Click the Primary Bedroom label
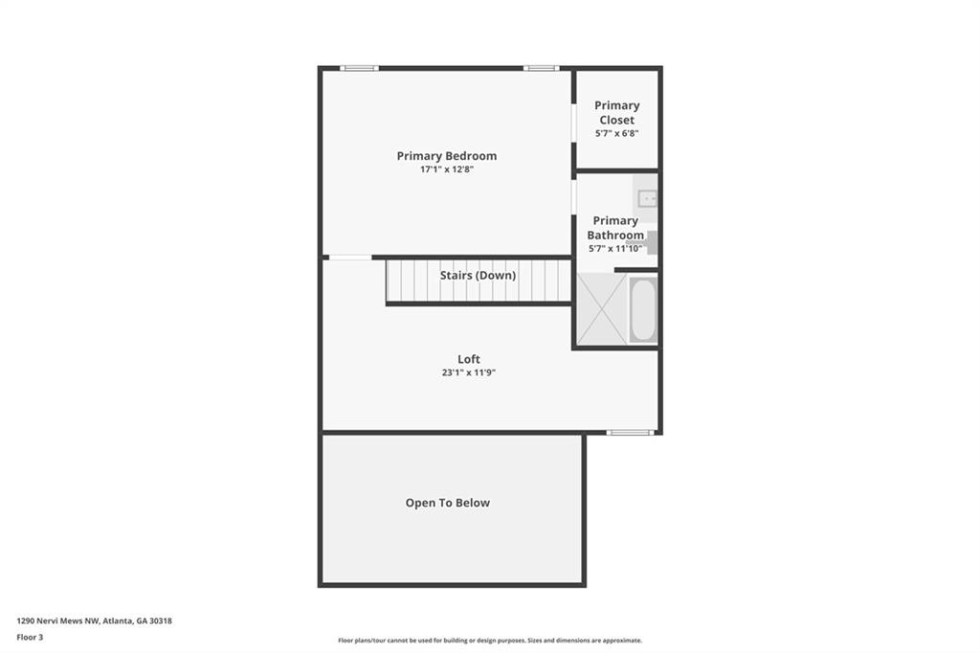[447, 156]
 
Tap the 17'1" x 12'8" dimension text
[447, 169]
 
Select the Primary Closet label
[617, 113]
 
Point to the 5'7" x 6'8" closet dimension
[617, 133]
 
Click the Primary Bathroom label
[615, 228]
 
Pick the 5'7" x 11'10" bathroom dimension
[615, 248]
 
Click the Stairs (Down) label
[479, 275]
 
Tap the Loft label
[469, 359]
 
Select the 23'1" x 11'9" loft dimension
[469, 372]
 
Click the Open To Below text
[448, 503]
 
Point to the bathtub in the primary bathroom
[642, 309]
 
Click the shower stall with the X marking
[602, 309]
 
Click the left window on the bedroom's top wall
[360, 68]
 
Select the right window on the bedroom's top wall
[542, 68]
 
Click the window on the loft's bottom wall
[630, 432]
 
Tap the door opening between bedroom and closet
[574, 123]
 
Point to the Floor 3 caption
[30, 638]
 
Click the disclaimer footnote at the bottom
[490, 641]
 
